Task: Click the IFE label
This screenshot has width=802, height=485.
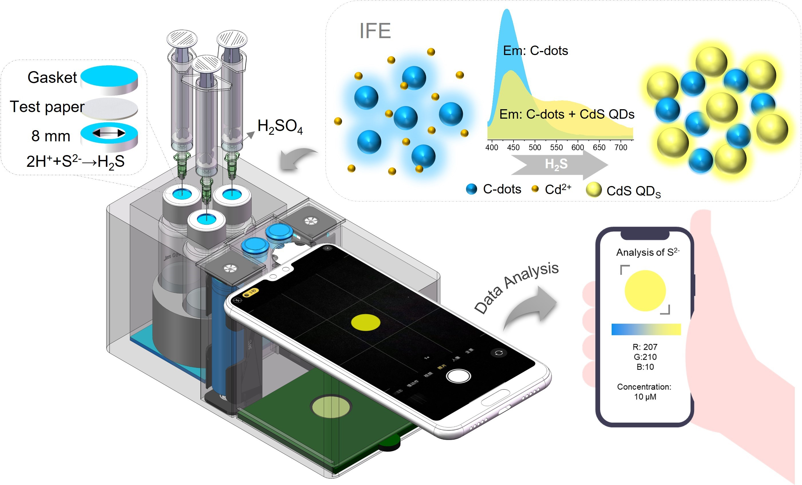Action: (x=375, y=31)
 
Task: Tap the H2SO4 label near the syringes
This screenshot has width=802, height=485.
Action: (x=280, y=126)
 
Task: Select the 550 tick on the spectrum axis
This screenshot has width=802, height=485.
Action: (x=556, y=147)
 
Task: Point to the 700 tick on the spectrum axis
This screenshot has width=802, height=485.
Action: (x=621, y=147)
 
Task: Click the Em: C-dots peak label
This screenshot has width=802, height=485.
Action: (x=536, y=51)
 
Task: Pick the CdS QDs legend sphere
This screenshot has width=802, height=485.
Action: (x=594, y=190)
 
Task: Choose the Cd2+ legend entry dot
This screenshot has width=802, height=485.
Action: (x=535, y=189)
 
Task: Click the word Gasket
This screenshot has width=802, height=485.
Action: (x=52, y=78)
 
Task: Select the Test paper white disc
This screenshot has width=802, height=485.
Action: (x=109, y=109)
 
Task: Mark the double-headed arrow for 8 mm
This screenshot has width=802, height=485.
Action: (x=109, y=133)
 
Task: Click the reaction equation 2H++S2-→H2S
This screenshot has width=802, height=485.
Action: (x=76, y=162)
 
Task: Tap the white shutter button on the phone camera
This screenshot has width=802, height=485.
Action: (x=458, y=376)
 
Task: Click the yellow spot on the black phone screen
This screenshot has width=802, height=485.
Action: (x=366, y=322)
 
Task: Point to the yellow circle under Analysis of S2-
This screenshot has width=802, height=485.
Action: (x=645, y=290)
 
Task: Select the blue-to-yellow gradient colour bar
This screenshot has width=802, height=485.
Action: (x=646, y=329)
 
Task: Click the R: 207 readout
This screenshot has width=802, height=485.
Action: (x=645, y=347)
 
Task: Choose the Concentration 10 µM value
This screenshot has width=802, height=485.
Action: (x=645, y=397)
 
